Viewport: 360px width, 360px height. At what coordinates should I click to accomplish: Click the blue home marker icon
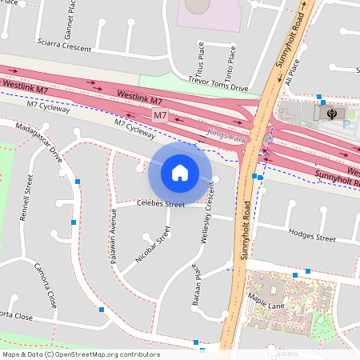[x=180, y=172]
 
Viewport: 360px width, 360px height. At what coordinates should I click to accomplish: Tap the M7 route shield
[x=160, y=115]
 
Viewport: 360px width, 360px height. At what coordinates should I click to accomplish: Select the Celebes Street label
[x=160, y=205]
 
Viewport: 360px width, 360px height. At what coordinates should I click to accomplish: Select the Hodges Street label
[x=312, y=237]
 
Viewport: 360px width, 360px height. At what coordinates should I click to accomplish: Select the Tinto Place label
[x=231, y=57]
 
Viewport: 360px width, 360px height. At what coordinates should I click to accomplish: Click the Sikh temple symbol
[x=330, y=114]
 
